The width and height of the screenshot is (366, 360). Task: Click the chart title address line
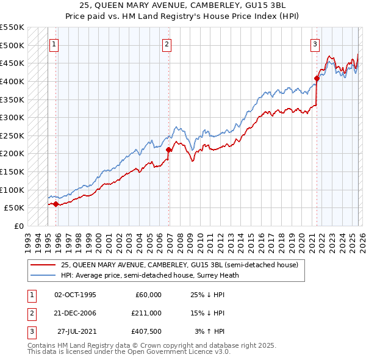183,5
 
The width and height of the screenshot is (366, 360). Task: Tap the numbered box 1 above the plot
54,44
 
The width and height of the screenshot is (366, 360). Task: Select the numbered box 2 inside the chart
167,44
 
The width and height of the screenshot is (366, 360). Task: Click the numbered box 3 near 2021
315,44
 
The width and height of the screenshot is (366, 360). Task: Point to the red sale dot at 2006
169,149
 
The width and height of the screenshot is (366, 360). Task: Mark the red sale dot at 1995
56,204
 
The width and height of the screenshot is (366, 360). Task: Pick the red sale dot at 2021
317,78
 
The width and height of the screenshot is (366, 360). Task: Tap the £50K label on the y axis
15,207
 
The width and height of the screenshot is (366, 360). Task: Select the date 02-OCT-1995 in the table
75,294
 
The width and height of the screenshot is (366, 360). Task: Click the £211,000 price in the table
146,312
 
